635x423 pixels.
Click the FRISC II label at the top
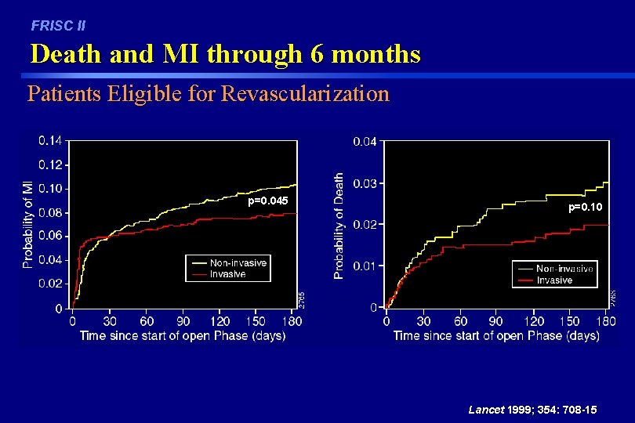pos(58,26)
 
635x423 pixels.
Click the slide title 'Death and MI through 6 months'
pos(225,54)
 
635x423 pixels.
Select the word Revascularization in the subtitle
pos(306,94)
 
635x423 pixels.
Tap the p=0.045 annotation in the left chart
pos(268,201)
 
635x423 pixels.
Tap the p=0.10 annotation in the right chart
pos(586,207)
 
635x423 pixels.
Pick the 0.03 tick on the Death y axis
pos(365,183)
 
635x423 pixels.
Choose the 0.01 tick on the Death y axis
pos(365,266)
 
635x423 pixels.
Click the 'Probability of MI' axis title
pos(27,223)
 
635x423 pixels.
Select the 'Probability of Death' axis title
pos(339,226)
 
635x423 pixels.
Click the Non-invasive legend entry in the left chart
pos(238,263)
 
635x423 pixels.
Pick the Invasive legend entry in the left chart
pos(227,274)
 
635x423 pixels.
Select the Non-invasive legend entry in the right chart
pos(564,269)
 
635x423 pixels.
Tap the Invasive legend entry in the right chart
pos(554,280)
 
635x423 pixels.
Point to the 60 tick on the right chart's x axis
pos(461,320)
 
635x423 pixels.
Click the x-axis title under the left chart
pos(182,335)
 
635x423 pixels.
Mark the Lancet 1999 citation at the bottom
pos(532,410)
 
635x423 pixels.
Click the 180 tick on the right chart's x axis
pos(604,320)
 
